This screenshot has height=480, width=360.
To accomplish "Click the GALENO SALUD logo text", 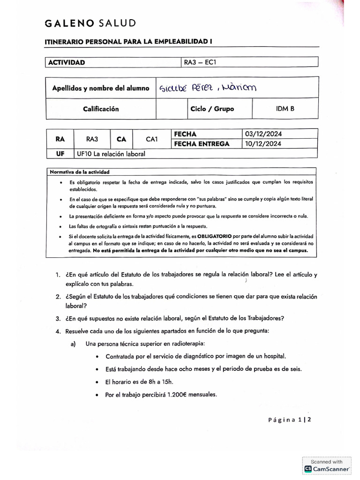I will point(90,23).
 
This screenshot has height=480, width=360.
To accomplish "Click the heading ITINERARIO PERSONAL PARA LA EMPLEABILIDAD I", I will point(128,42).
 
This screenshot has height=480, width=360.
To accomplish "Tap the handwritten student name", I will point(209,88).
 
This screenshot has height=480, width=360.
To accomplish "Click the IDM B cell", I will point(285,109).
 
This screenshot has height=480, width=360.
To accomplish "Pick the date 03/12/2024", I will point(263,134).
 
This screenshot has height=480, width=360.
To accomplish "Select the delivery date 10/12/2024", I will point(263,144).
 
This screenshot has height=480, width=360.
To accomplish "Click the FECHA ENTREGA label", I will point(202,144).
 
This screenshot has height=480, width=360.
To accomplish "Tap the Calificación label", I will point(101,109).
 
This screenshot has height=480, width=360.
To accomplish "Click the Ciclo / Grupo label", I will point(212,109).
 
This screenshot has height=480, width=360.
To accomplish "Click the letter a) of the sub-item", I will point(74,344).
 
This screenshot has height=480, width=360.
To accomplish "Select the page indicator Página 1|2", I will point(289,420).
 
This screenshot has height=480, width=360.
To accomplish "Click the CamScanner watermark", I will point(327,465).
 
